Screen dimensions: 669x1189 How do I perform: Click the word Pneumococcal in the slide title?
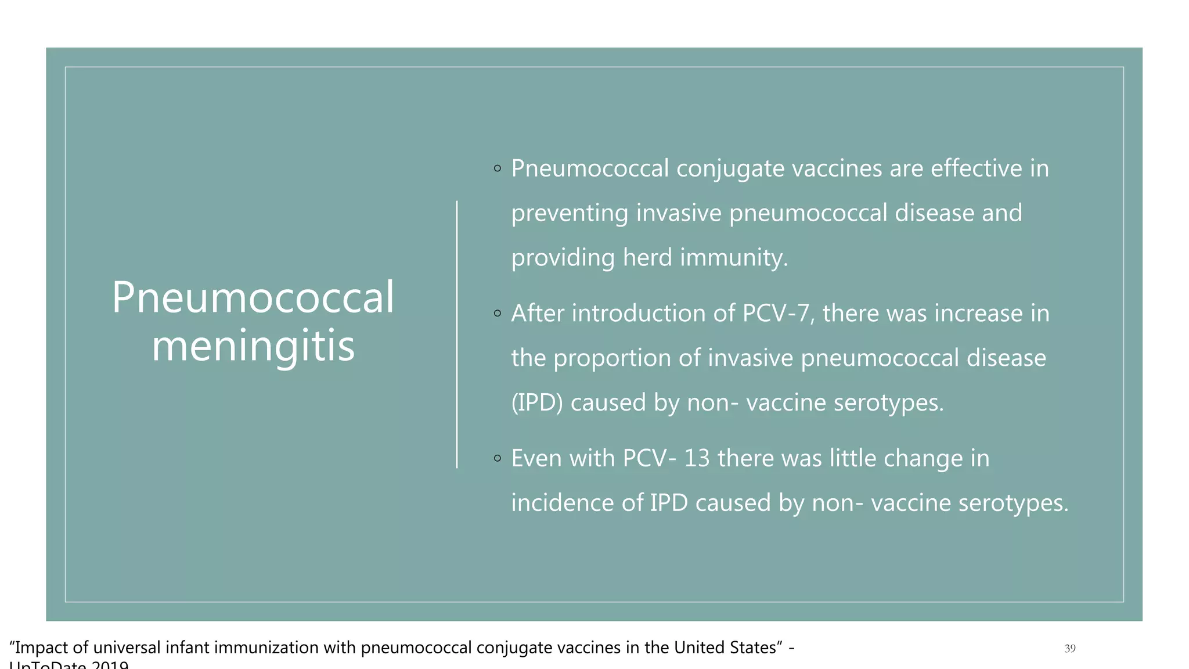(253, 297)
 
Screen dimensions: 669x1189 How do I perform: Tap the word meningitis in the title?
(253, 346)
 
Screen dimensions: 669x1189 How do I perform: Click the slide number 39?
(1070, 649)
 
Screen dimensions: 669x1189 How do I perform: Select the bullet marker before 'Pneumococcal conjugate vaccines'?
(497, 169)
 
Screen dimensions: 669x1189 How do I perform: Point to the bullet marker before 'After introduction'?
(497, 314)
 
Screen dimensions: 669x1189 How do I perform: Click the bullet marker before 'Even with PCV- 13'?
(497, 459)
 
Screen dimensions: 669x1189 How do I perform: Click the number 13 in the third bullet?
(697, 459)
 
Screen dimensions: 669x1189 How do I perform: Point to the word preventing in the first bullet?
(570, 213)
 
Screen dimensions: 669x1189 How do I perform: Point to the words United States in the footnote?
(725, 648)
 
